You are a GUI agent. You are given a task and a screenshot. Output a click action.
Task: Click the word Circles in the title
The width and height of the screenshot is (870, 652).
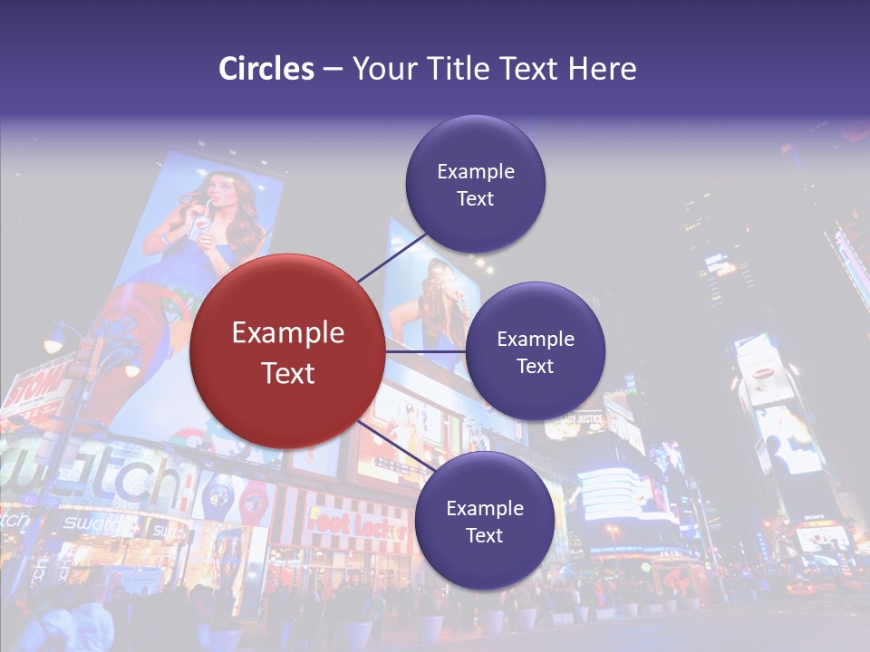pos(266,69)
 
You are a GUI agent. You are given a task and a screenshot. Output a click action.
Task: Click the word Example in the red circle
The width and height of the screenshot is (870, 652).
pos(287,333)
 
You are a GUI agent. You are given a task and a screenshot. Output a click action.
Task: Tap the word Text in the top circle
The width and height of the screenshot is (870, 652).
pos(475,199)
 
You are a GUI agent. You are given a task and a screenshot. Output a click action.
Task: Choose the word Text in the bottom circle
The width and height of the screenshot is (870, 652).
pos(484,536)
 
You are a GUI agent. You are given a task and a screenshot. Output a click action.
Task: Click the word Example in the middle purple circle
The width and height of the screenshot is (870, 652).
pos(535,340)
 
